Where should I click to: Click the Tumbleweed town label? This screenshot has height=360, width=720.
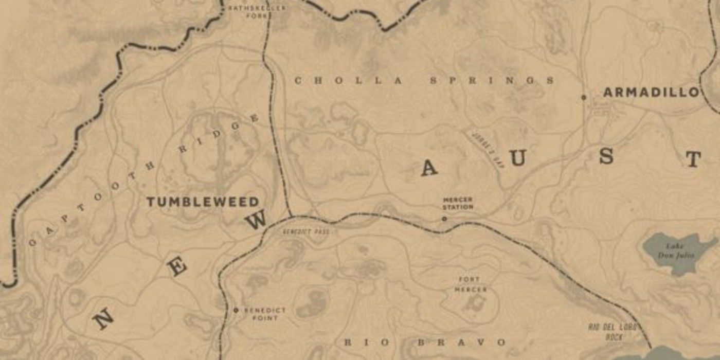tap(202, 202)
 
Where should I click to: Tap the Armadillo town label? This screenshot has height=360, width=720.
tap(651, 93)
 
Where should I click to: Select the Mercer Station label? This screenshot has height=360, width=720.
tap(458, 203)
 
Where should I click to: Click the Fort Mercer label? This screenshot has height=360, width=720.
tap(470, 284)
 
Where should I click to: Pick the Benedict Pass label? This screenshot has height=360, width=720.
tap(305, 231)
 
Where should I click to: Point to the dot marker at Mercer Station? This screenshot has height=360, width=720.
tap(444, 219)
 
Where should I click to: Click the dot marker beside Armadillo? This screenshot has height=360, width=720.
tap(583, 97)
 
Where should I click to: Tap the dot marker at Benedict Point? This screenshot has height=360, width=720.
tap(236, 310)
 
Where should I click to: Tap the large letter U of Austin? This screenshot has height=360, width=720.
tap(518, 159)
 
